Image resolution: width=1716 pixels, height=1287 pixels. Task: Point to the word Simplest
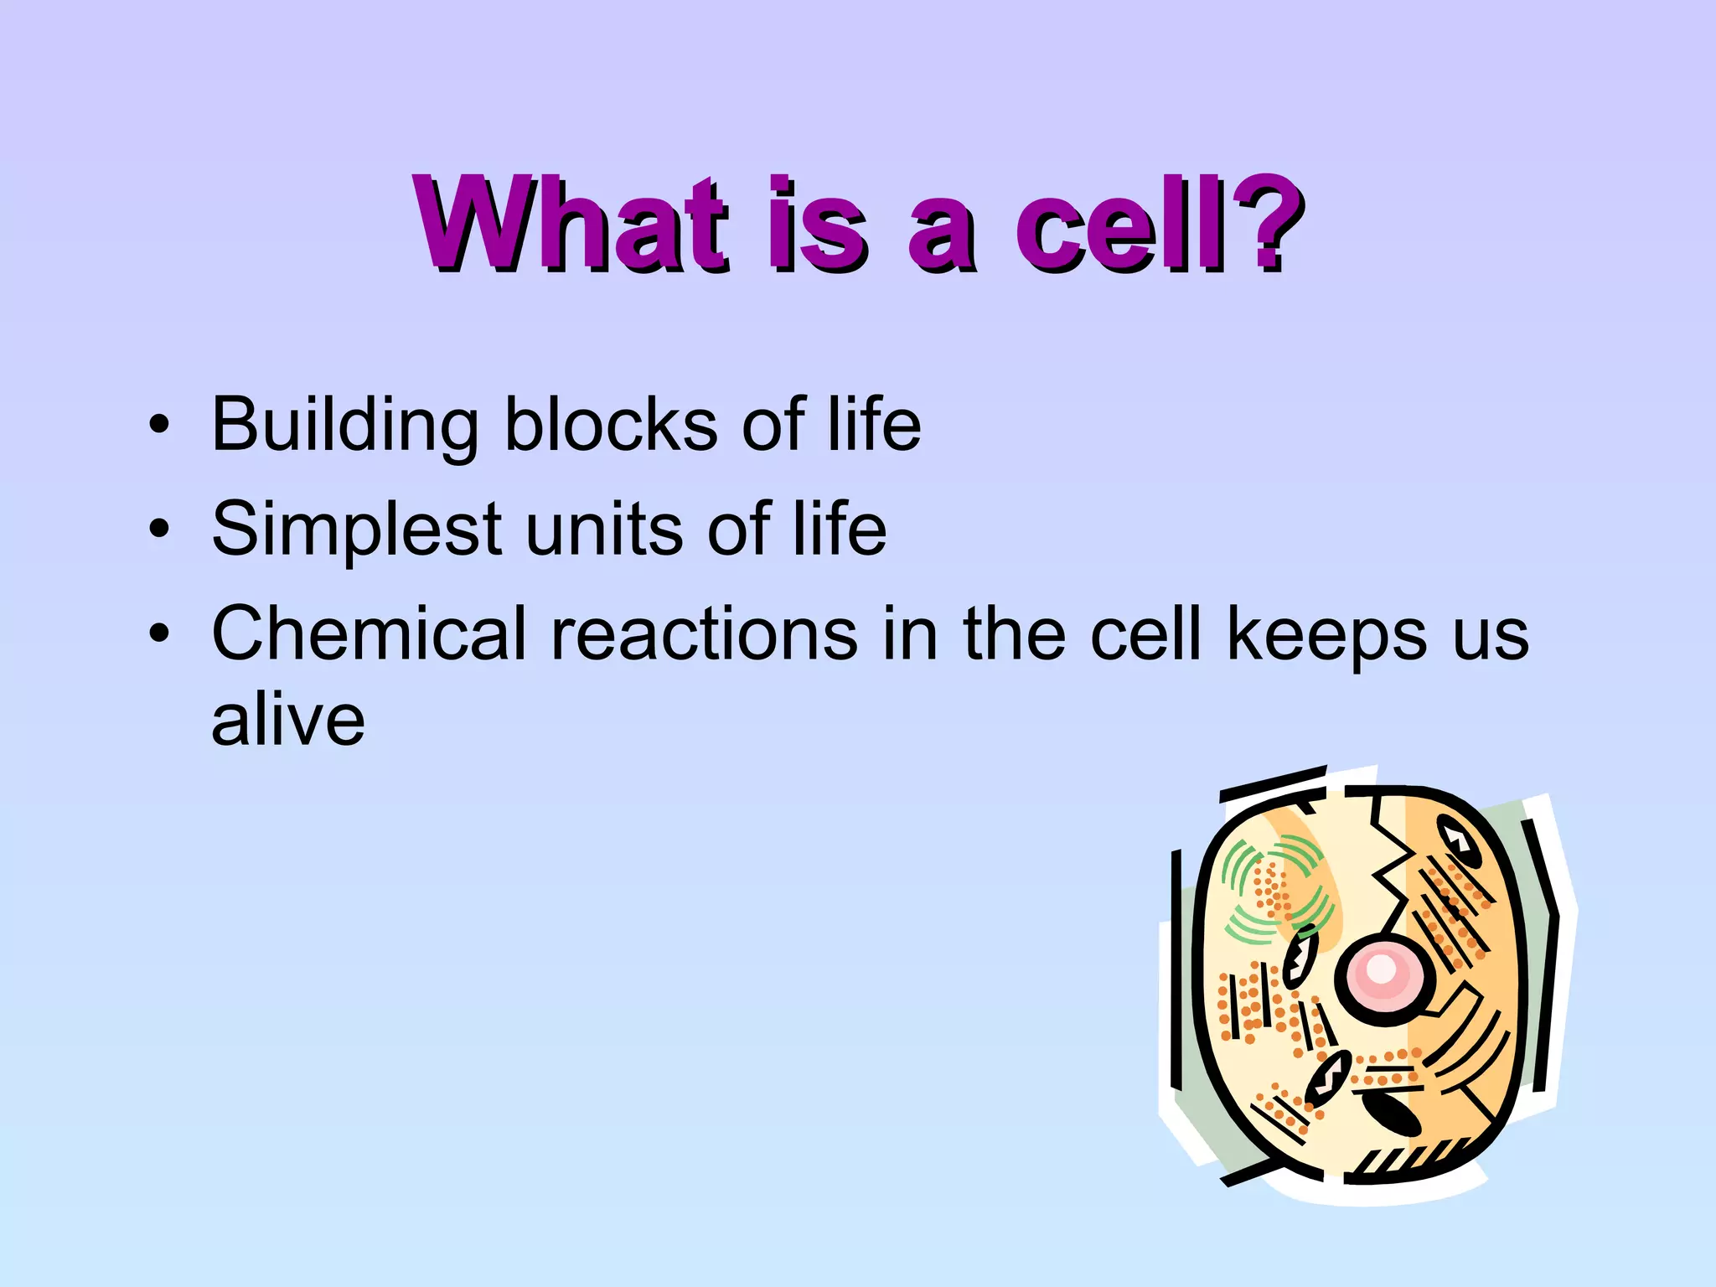tap(357, 530)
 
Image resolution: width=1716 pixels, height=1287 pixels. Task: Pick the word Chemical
tap(369, 633)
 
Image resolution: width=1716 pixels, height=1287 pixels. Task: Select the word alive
tap(287, 720)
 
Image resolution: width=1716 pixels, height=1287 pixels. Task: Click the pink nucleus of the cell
tap(1383, 972)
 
